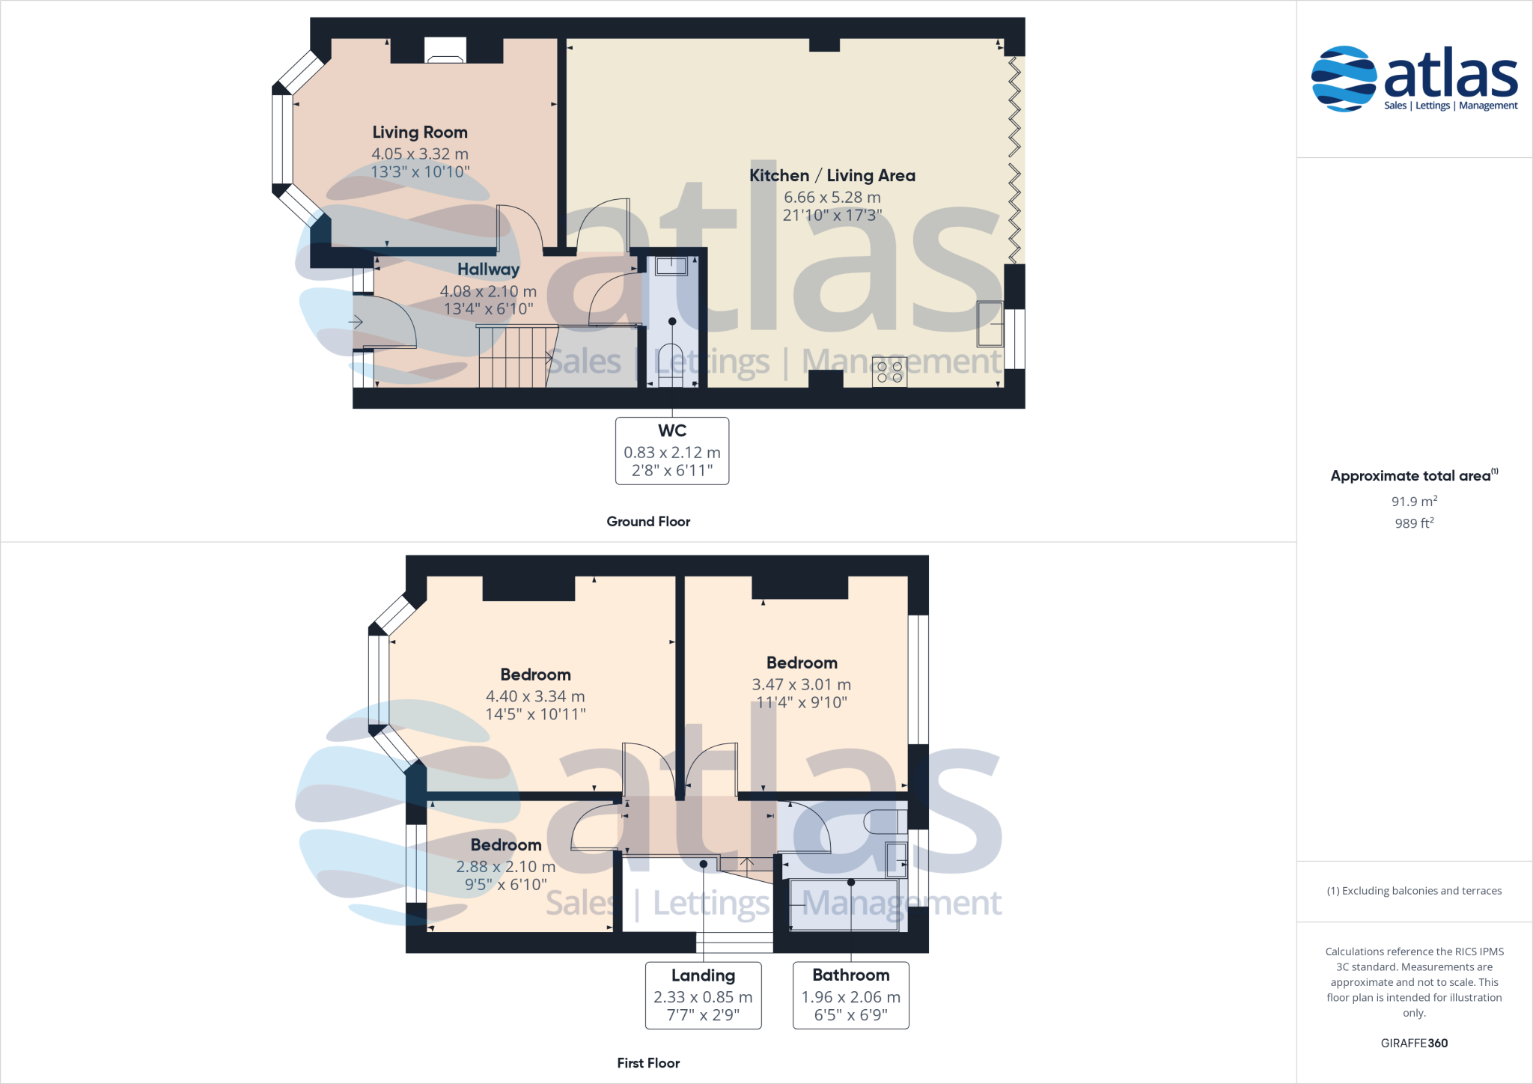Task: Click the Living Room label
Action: [420, 133]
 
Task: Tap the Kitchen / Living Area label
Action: [832, 176]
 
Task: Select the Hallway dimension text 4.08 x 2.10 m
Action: [488, 291]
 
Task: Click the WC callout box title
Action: [672, 431]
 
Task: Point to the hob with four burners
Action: [889, 372]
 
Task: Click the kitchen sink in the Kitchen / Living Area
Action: [990, 323]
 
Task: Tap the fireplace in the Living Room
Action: [445, 51]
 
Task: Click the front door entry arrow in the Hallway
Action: [356, 322]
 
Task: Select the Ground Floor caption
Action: [648, 522]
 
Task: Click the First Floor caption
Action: [648, 1063]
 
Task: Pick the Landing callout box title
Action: [703, 975]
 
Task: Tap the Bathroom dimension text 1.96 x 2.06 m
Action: [851, 997]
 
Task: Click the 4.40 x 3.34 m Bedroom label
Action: [535, 675]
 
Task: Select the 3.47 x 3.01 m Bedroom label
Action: [802, 663]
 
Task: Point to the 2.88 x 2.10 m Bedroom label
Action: [506, 844]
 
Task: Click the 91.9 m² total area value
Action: [1414, 502]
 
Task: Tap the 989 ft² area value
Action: [1414, 523]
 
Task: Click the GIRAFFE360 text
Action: [1414, 1043]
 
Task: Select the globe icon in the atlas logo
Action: [1344, 79]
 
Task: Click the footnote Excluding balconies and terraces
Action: [1414, 891]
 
